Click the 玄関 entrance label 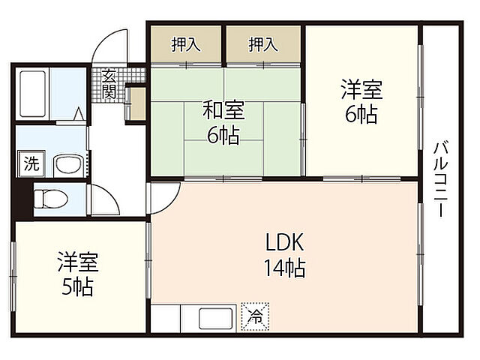pyautogui.click(x=109, y=84)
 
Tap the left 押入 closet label pyautogui.click(x=185, y=45)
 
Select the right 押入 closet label pyautogui.click(x=263, y=45)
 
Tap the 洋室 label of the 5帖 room pyautogui.click(x=78, y=263)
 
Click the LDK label pyautogui.click(x=283, y=241)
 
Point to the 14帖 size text pyautogui.click(x=283, y=267)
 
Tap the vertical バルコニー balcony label pyautogui.click(x=440, y=178)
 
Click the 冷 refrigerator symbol pyautogui.click(x=255, y=317)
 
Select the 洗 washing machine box pyautogui.click(x=30, y=165)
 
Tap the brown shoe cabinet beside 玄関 pyautogui.click(x=136, y=104)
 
